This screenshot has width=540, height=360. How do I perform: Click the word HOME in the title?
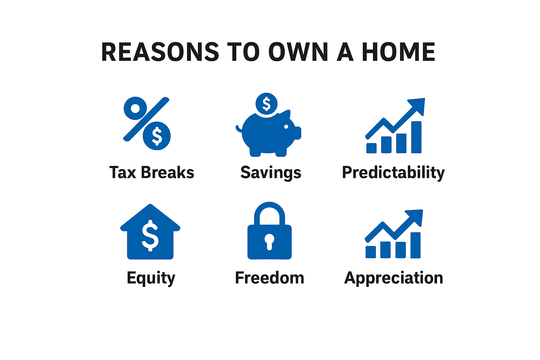pos(398,52)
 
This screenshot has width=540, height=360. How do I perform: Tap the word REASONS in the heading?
pos(160,52)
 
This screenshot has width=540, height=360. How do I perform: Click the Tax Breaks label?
pos(152,173)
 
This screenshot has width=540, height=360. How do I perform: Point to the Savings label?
pos(271,173)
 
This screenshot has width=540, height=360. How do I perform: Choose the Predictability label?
pos(393,173)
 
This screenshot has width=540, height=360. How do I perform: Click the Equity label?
pos(151,278)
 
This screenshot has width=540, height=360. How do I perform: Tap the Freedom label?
pos(269,278)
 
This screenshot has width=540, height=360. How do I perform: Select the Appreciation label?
pos(393,278)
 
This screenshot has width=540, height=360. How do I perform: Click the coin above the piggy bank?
pos(266,104)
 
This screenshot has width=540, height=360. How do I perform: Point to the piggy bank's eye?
pos(286,127)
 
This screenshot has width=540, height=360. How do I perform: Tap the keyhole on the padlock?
pos(269,242)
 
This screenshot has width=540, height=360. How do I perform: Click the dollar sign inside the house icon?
pos(150,235)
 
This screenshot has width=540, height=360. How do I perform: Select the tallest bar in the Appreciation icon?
pos(416,245)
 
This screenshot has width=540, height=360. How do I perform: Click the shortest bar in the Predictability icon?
pos(371,148)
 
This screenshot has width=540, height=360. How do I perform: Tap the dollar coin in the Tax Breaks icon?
pos(157,136)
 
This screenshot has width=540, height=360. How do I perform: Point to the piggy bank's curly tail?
pos(239,129)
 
